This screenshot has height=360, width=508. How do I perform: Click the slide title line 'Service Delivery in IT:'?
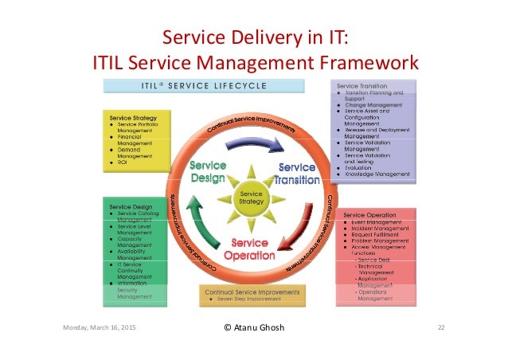[254, 38]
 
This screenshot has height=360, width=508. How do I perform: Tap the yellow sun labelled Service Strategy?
[252, 196]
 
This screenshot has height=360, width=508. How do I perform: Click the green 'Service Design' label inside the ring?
[208, 172]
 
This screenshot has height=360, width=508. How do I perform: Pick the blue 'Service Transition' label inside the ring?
[296, 173]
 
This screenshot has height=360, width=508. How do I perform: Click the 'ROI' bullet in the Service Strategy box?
[123, 163]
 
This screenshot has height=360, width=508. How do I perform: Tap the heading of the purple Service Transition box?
[362, 86]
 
